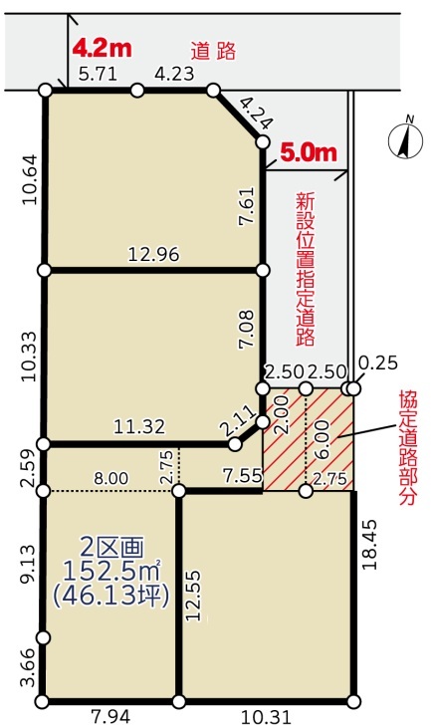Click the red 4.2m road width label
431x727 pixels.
(103, 48)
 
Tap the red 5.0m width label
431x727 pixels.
(309, 152)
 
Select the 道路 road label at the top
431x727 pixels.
(214, 51)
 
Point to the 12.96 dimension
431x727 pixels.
(153, 254)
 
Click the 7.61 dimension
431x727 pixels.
(247, 206)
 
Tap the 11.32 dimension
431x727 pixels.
(139, 426)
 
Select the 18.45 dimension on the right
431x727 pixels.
(370, 545)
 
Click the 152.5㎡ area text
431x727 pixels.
(110, 572)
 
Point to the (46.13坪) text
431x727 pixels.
(110, 597)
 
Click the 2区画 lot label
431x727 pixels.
(111, 548)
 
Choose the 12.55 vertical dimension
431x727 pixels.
(194, 596)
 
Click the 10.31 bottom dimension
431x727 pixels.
(266, 717)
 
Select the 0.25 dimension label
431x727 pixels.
(378, 363)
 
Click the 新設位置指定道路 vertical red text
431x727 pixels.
(306, 270)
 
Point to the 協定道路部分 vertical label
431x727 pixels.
(408, 448)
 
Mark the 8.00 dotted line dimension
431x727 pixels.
(111, 478)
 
